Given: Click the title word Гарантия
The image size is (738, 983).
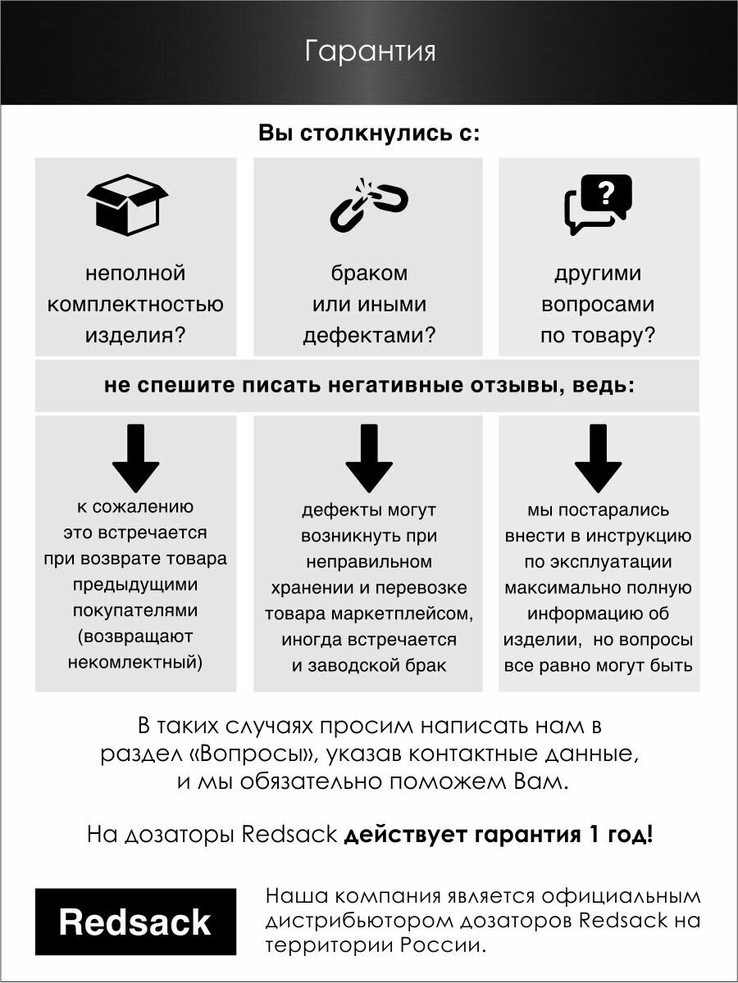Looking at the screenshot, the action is click(369, 52).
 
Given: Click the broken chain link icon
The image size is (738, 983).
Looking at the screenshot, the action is click(369, 205).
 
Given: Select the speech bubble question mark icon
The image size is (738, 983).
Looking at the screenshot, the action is click(599, 205).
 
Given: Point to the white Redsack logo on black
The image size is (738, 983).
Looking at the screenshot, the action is click(135, 922).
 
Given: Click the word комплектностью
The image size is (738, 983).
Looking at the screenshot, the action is click(135, 305).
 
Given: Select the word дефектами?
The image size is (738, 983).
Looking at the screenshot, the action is click(369, 336).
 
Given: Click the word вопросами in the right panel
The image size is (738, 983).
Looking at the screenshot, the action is click(598, 305).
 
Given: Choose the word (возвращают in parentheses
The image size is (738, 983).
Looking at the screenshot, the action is click(135, 636).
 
